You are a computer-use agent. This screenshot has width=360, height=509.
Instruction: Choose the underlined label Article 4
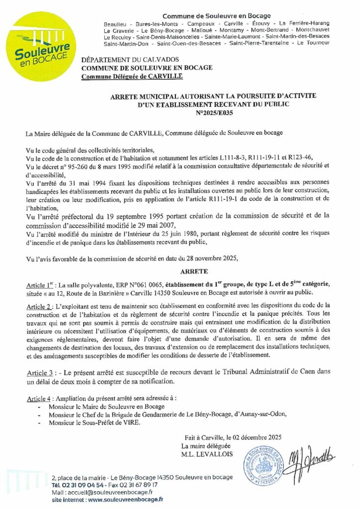tap(41, 399)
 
